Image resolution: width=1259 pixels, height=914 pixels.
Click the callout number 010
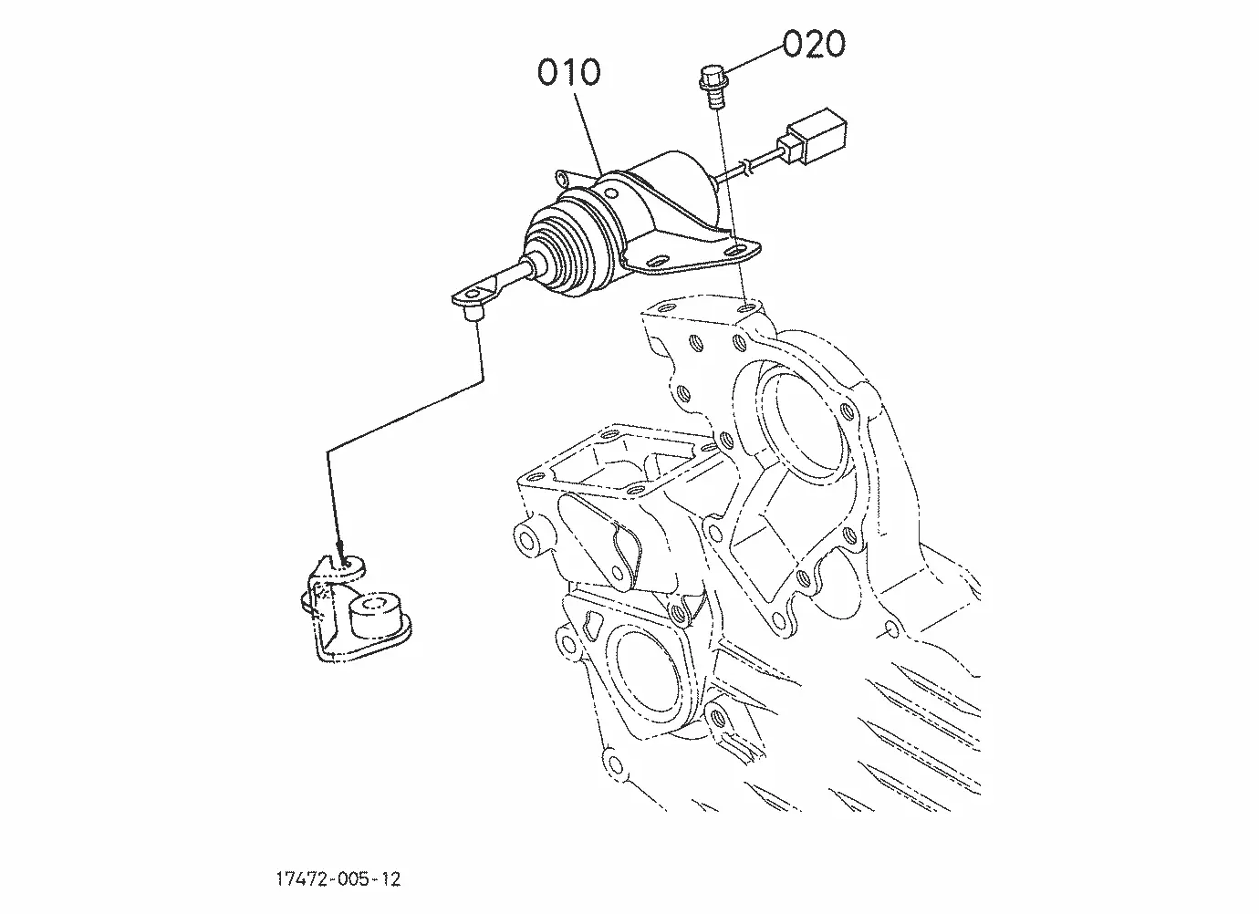[x=568, y=72]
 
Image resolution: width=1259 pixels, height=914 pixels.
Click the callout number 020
[x=814, y=44]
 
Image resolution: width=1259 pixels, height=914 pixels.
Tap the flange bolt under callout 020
[x=713, y=87]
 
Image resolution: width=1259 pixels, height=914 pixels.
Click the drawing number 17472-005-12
[x=338, y=879]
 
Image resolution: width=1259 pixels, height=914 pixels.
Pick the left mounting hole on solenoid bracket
[x=656, y=262]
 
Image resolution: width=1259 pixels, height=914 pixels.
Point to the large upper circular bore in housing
[x=803, y=426]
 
